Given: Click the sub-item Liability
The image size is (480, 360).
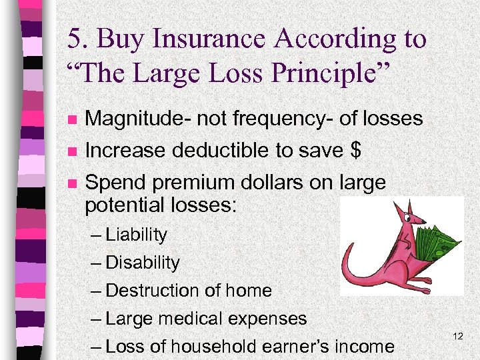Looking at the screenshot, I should tap(136, 235).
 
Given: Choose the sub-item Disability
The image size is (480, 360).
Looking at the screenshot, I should tap(142, 263).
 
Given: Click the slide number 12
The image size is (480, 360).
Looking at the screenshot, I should tap(457, 337).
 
